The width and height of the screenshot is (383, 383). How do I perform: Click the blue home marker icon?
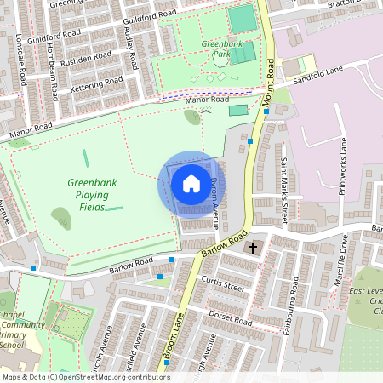[191, 184]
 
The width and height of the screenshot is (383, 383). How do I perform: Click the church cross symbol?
[253, 249]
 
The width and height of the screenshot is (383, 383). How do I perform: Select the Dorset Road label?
[231, 318]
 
